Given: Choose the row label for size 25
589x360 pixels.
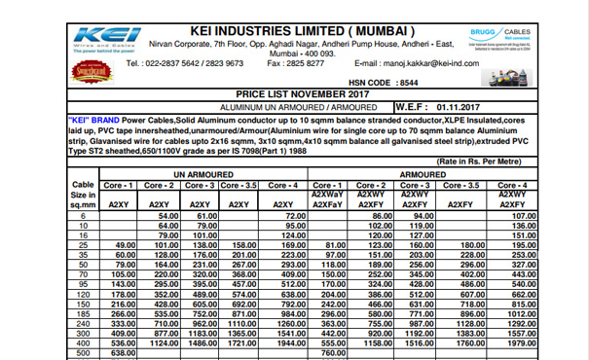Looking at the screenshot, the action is click(x=83, y=245).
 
